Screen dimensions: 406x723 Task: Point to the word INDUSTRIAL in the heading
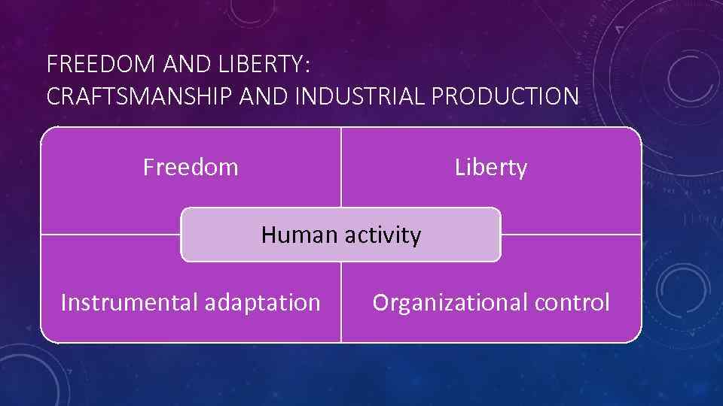357,97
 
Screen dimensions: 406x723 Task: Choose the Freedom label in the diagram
191,167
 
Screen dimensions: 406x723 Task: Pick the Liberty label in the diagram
491,167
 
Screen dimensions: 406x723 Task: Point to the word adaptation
263,302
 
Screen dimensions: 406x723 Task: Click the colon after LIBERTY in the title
307,66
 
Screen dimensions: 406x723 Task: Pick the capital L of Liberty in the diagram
459,167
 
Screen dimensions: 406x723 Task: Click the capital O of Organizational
380,302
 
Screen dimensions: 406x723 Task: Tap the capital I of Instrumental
63,302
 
